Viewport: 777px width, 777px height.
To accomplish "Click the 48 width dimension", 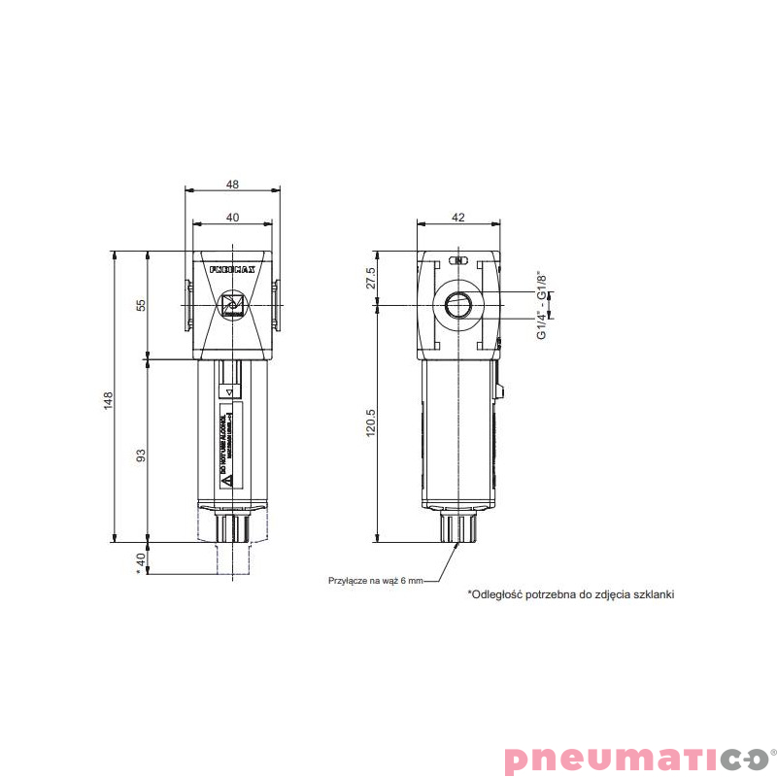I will pyautogui.click(x=233, y=184).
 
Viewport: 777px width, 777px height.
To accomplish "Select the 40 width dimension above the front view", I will pyautogui.click(x=233, y=219).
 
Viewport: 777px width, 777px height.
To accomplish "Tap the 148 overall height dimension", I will pyautogui.click(x=110, y=399).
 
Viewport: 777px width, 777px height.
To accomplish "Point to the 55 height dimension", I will pyautogui.click(x=142, y=304).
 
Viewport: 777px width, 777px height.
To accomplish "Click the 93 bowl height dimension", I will pyautogui.click(x=142, y=454).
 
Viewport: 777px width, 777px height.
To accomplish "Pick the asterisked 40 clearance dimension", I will pyautogui.click(x=142, y=560).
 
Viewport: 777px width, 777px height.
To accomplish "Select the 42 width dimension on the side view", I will pyautogui.click(x=458, y=219).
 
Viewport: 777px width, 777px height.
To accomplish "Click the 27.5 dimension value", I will pyautogui.click(x=370, y=278).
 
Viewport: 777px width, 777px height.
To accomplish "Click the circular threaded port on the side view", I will pyautogui.click(x=458, y=305).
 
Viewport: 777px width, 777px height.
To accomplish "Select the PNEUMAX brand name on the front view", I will pyautogui.click(x=232, y=268).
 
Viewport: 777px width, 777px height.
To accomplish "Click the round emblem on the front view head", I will pyautogui.click(x=233, y=306).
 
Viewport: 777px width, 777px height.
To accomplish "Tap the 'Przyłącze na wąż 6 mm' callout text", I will pyautogui.click(x=376, y=580).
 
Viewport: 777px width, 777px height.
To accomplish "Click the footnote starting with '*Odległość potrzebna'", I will pyautogui.click(x=570, y=592).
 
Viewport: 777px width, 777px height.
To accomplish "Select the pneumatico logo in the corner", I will pyautogui.click(x=635, y=758).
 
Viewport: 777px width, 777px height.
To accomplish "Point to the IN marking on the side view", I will pyautogui.click(x=459, y=260).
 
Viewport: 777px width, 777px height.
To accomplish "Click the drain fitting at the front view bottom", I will pyautogui.click(x=233, y=528).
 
